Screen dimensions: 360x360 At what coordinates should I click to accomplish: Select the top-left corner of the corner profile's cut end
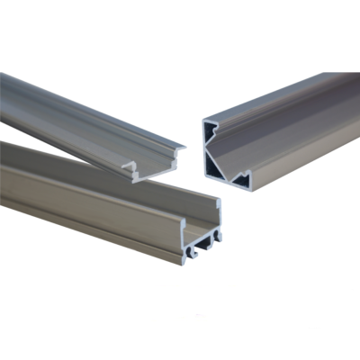[x=204, y=119]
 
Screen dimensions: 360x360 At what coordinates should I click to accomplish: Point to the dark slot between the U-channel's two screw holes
[x=202, y=246]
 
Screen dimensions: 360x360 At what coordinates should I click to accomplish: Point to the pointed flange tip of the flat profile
[x=183, y=146]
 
